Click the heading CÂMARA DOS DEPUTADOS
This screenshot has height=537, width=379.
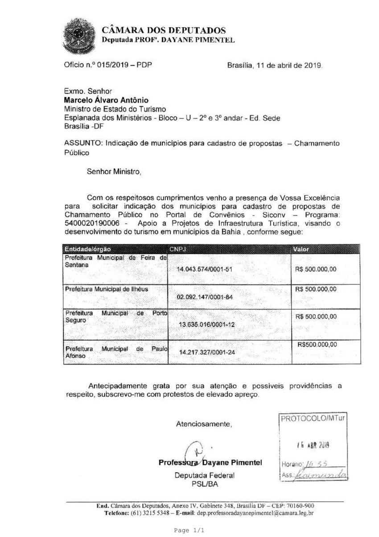[x=164, y=30]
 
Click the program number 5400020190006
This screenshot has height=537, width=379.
[x=94, y=222]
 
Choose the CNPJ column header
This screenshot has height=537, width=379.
[x=177, y=248]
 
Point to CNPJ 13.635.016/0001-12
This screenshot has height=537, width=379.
[x=206, y=324]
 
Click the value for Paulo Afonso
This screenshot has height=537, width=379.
[x=317, y=345]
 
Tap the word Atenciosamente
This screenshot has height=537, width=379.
[x=204, y=423]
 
